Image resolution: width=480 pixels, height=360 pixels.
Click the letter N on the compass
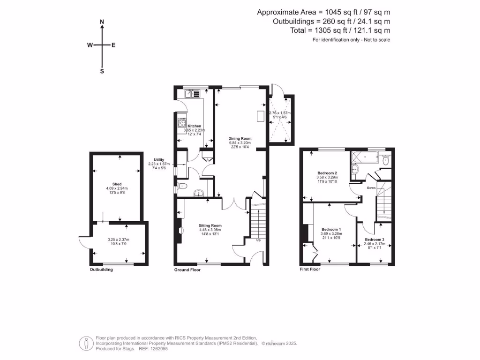click(102, 22)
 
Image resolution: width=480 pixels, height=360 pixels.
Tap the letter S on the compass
click(102, 71)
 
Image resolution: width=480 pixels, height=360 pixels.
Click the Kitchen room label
click(194, 126)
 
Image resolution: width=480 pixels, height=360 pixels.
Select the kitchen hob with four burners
click(181, 124)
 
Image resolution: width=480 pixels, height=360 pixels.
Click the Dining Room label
click(240, 138)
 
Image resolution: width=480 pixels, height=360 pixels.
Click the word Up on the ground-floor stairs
click(258, 240)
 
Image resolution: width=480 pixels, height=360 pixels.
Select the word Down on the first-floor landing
click(371, 188)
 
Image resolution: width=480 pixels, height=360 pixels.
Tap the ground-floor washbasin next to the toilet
click(199, 192)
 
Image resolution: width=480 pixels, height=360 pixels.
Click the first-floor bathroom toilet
click(385, 161)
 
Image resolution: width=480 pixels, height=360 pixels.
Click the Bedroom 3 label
click(375, 240)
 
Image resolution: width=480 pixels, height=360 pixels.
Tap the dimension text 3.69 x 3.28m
click(331, 233)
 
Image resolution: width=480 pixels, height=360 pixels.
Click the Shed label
click(117, 184)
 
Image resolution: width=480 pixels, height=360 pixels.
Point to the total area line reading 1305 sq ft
click(340, 30)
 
